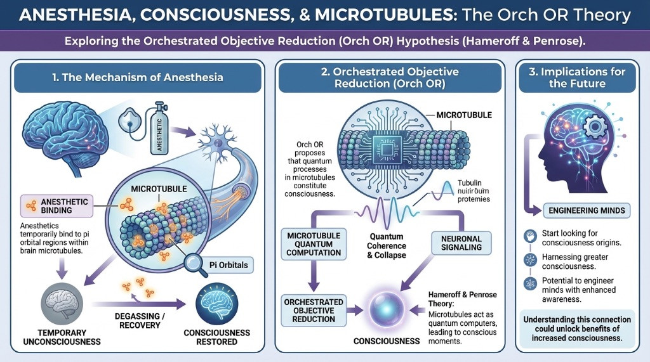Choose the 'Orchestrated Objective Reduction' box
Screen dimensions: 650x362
tap(314, 309)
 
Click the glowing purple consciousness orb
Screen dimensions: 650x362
tap(387, 308)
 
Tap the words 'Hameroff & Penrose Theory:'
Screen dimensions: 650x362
tap(463, 299)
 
